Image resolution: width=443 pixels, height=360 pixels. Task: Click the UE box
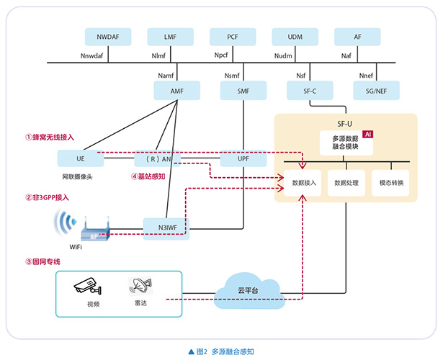pos(80,158)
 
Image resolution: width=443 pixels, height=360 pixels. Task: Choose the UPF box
pos(243,158)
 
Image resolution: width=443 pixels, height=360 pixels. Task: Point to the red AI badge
pos(368,135)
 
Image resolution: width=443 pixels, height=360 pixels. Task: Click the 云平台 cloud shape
pos(247,287)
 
